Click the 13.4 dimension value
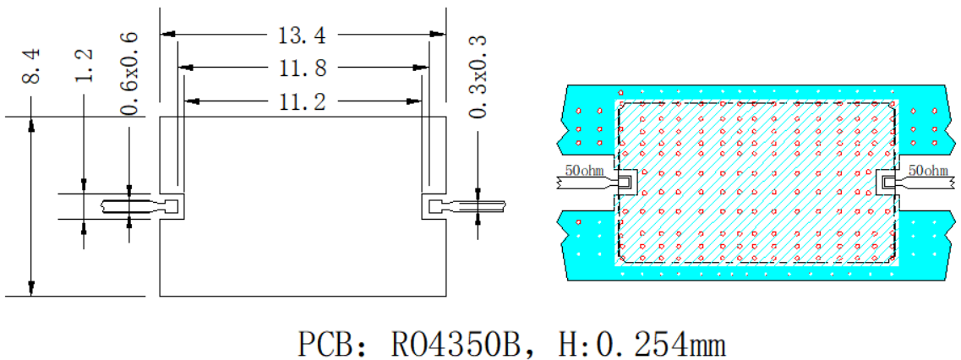[303, 35]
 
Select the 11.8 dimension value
[303, 67]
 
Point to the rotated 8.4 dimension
[32, 68]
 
